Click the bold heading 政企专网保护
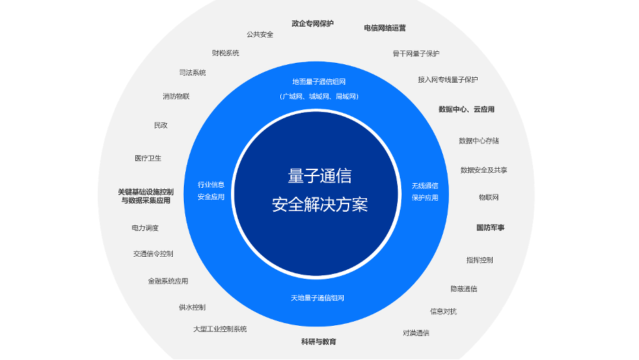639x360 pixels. click(x=312, y=24)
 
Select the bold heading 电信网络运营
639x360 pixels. click(x=385, y=28)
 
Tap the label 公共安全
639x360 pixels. click(x=260, y=35)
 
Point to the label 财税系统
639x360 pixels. click(x=226, y=53)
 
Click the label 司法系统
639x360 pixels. click(x=192, y=72)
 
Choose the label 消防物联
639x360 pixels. click(x=176, y=96)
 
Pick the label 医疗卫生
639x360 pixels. click(x=148, y=158)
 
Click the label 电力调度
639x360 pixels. click(x=145, y=228)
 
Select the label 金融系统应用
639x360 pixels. click(x=168, y=281)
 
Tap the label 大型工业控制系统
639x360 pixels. click(x=220, y=329)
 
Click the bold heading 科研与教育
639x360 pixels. click(x=318, y=342)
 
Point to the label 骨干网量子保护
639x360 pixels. click(x=416, y=54)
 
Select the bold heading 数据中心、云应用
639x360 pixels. click(x=466, y=109)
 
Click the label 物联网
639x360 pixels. click(x=489, y=197)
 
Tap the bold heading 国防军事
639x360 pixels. click(x=490, y=227)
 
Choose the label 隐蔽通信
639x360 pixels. click(x=464, y=289)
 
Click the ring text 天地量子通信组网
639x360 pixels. click(x=318, y=298)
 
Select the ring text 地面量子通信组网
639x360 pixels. click(x=318, y=82)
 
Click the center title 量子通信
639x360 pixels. click(x=320, y=176)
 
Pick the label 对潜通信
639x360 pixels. click(x=416, y=333)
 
